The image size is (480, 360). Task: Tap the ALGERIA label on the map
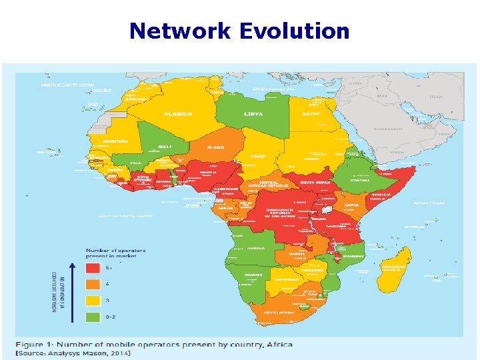[178, 113]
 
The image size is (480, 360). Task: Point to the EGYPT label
[311, 113]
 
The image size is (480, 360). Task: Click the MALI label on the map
[165, 146]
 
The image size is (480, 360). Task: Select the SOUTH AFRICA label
[280, 311]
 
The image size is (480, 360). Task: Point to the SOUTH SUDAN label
[315, 181]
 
